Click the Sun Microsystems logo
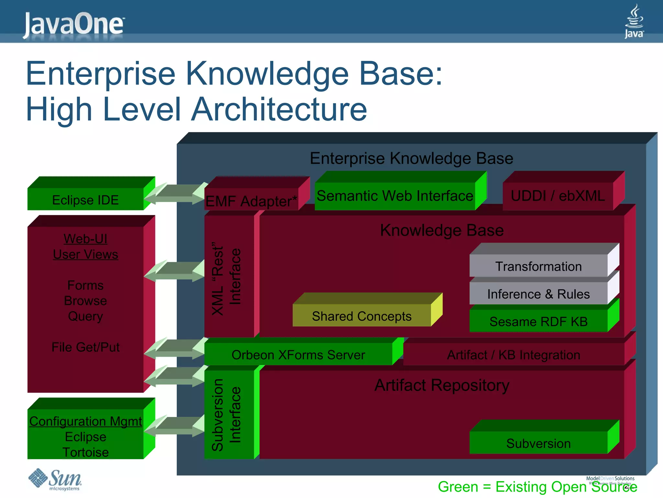55,479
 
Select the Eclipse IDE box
85,200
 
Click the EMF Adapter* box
251,200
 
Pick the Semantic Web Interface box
395,196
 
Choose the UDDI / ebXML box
557,196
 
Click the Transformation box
538,266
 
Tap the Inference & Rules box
538,294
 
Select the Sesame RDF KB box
538,321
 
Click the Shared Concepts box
362,316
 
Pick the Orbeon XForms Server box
298,355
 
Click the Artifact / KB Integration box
513,355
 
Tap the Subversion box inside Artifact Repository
538,443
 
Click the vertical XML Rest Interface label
227,278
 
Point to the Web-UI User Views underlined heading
85,246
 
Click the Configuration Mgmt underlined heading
85,421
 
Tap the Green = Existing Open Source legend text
537,487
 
